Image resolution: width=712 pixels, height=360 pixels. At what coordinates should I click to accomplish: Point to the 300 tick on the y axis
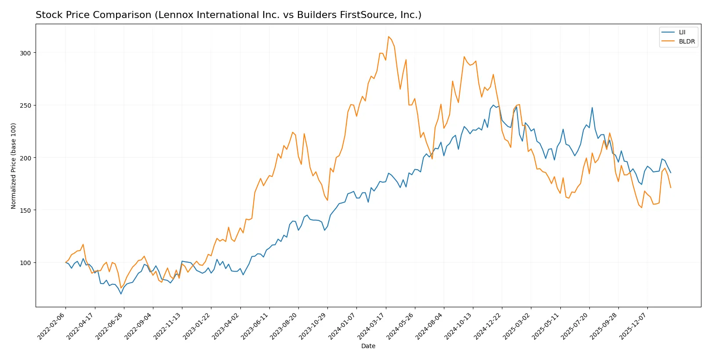point(25,53)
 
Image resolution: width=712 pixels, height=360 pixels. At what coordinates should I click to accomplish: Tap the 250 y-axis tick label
point(25,105)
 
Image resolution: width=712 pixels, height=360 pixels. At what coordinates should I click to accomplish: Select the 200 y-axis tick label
point(25,158)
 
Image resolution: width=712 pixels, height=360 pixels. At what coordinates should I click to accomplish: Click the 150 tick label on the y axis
point(25,211)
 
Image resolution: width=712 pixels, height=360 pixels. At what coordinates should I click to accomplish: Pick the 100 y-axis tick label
point(25,263)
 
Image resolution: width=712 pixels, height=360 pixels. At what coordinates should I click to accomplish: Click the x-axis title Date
point(368,346)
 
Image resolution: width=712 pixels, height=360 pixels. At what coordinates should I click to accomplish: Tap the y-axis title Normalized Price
point(14,166)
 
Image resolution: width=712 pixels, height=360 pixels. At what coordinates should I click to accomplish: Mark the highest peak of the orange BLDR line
point(389,36)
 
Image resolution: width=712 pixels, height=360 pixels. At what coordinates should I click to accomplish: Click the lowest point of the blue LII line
point(121,294)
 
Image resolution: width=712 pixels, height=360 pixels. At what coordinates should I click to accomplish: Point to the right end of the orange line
point(671,188)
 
